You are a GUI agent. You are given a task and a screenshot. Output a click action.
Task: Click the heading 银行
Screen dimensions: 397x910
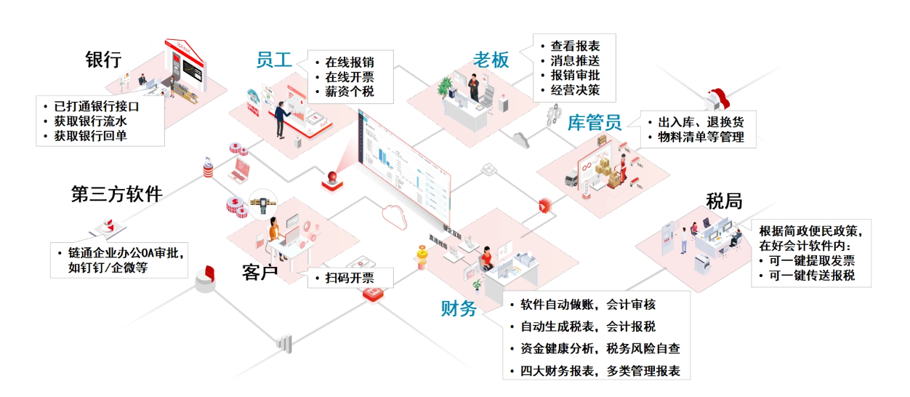tap(102, 60)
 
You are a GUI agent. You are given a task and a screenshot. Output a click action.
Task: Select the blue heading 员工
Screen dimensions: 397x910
tap(274, 60)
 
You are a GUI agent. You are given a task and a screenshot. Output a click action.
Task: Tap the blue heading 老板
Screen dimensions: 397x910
tap(491, 60)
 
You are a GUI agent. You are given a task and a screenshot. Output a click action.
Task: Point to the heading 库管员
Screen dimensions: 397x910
tap(594, 122)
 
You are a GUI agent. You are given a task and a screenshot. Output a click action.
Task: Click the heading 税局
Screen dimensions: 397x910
tap(723, 201)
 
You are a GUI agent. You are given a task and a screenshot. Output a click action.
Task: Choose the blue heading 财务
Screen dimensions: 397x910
tap(459, 308)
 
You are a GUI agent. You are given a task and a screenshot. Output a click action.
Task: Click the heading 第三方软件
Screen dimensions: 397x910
tap(116, 194)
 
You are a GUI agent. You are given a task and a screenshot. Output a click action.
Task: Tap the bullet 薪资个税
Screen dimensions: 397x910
tap(350, 92)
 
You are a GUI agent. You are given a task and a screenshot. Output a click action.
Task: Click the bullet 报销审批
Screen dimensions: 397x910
tap(574, 76)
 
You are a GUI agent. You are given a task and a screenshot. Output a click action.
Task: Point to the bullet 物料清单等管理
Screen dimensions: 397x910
tap(701, 137)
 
